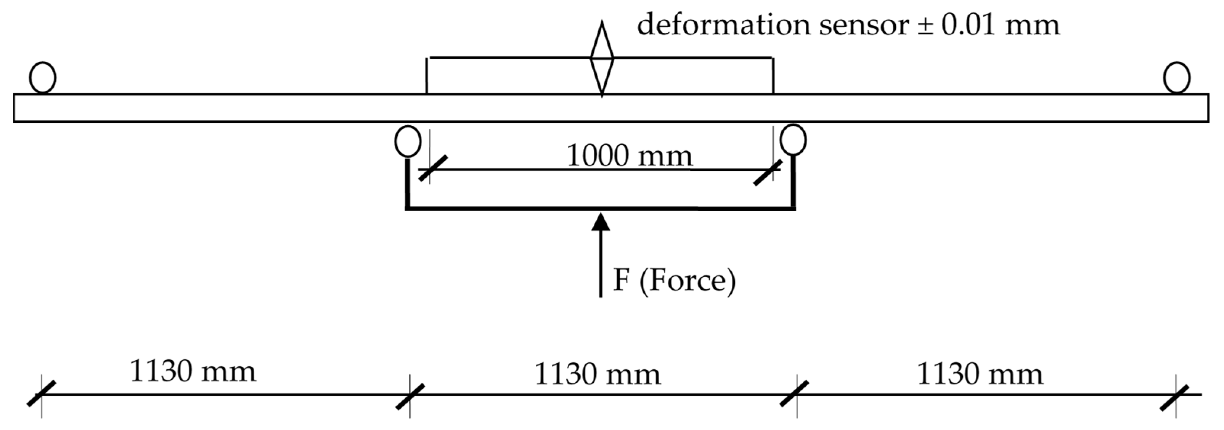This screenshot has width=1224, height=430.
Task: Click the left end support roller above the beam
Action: point(42,77)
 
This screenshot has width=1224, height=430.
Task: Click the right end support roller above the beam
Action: point(1176,77)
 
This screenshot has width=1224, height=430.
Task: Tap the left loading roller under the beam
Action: point(408,141)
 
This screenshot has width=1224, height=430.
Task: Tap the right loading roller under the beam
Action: point(793,140)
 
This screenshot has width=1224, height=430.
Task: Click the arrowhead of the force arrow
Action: point(601,222)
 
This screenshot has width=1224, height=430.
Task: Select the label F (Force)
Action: point(674,280)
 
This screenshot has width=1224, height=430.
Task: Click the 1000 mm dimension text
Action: point(630,156)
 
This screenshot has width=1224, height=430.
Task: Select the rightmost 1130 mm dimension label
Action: point(980,374)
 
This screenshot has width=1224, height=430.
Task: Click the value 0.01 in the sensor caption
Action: point(968,25)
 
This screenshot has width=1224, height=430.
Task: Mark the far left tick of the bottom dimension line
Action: point(41,394)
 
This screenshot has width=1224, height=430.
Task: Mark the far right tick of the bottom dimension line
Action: point(1176,397)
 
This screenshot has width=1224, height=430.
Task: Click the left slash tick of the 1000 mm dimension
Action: point(432,168)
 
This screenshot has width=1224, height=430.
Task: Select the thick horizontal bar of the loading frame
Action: point(601,208)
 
